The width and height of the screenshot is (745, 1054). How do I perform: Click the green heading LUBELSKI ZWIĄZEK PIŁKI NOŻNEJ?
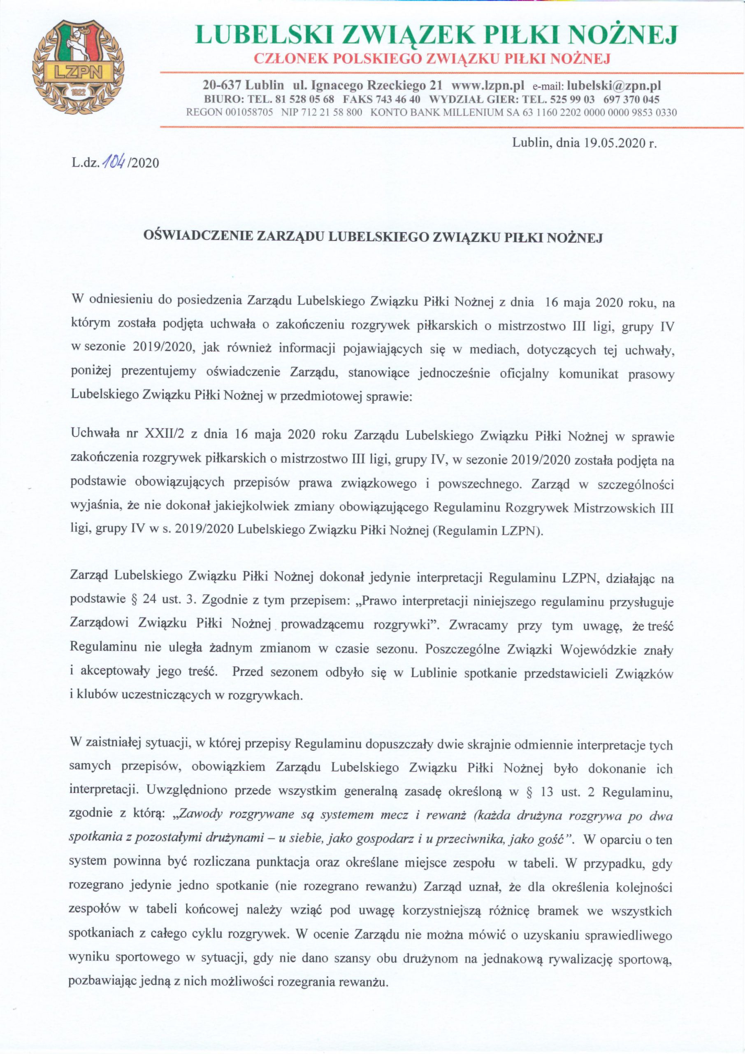coord(436,35)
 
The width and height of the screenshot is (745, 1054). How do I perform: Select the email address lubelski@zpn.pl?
coord(614,85)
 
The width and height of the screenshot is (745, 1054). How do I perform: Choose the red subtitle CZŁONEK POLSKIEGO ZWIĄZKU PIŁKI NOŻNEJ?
coord(432,59)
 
